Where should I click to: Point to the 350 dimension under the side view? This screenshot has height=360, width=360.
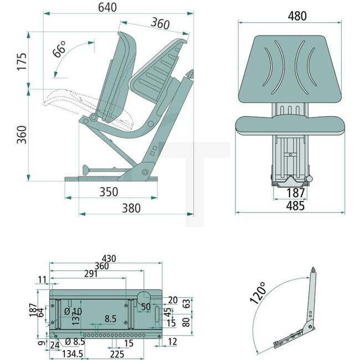[109, 192]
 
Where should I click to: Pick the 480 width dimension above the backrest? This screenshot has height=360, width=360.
[297, 16]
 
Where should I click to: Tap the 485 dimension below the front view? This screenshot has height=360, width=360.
[296, 206]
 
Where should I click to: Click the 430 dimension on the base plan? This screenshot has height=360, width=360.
[109, 258]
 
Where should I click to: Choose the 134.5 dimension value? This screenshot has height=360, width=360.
[73, 353]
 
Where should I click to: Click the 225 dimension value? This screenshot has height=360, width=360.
[116, 353]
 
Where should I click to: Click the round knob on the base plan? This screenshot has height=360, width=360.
[143, 297]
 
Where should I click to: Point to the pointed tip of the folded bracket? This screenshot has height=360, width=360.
[314, 269]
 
